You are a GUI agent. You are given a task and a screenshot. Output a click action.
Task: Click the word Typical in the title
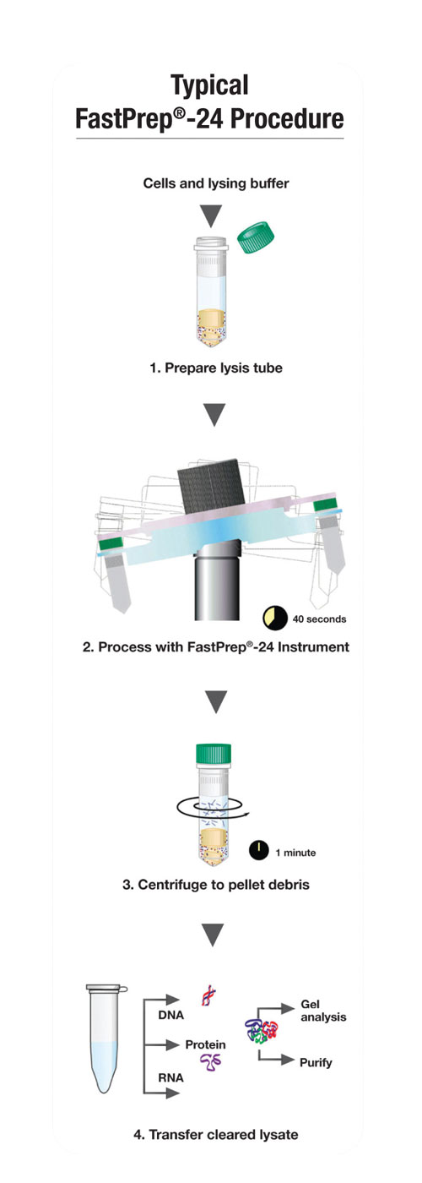pyautogui.click(x=210, y=85)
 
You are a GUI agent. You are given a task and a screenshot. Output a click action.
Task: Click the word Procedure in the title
pyautogui.click(x=287, y=118)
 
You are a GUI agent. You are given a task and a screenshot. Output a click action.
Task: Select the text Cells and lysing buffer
pyautogui.click(x=216, y=184)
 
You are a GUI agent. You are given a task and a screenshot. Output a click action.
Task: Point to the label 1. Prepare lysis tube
pyautogui.click(x=216, y=368)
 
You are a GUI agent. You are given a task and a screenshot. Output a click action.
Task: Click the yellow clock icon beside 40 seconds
pyautogui.click(x=275, y=619)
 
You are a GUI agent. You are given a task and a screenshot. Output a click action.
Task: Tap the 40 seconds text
pyautogui.click(x=319, y=619)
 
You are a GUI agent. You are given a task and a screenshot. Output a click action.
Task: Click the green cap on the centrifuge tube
pyautogui.click(x=214, y=754)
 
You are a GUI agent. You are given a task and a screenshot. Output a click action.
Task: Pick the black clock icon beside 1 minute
pyautogui.click(x=259, y=852)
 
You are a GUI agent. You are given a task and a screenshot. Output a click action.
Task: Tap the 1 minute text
pyautogui.click(x=295, y=853)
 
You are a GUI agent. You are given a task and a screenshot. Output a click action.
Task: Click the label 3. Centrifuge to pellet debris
pyautogui.click(x=216, y=885)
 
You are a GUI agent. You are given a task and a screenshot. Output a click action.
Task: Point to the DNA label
pyautogui.click(x=170, y=1015)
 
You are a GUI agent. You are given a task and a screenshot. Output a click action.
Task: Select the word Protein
pyautogui.click(x=205, y=1044)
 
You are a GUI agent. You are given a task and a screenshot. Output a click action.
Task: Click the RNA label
pyautogui.click(x=170, y=1077)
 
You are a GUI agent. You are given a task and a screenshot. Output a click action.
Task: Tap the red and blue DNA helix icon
pyautogui.click(x=209, y=995)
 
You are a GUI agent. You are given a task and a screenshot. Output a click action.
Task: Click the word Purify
pyautogui.click(x=316, y=1063)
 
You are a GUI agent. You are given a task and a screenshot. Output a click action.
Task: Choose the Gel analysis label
pyautogui.click(x=323, y=1011)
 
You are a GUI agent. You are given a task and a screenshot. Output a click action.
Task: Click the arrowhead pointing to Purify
pyautogui.click(x=288, y=1060)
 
